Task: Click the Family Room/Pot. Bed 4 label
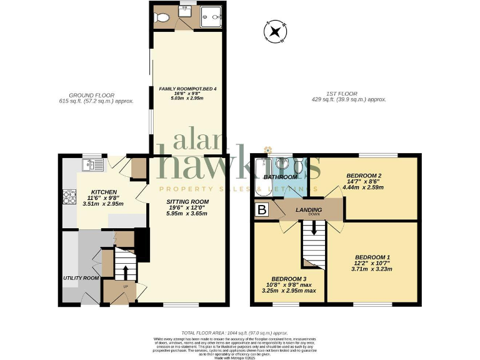pyautogui.click(x=187, y=89)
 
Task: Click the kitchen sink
pyautogui.click(x=93, y=165)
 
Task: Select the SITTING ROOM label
pyautogui.click(x=187, y=202)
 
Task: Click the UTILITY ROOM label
pyautogui.click(x=81, y=277)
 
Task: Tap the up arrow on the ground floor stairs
pyautogui.click(x=125, y=272)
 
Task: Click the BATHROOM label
pyautogui.click(x=280, y=177)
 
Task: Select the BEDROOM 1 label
pyautogui.click(x=372, y=257)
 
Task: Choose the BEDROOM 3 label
pyautogui.click(x=289, y=279)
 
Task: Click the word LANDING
pyautogui.click(x=309, y=210)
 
